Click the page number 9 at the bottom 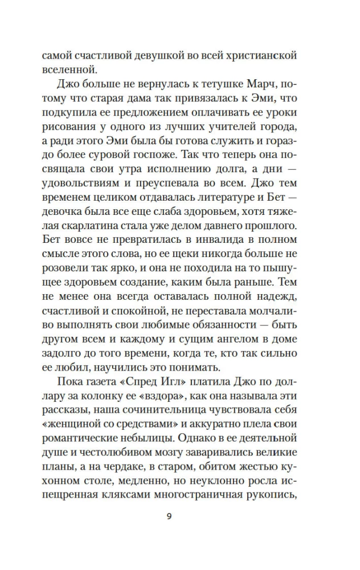[x=169, y=517]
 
